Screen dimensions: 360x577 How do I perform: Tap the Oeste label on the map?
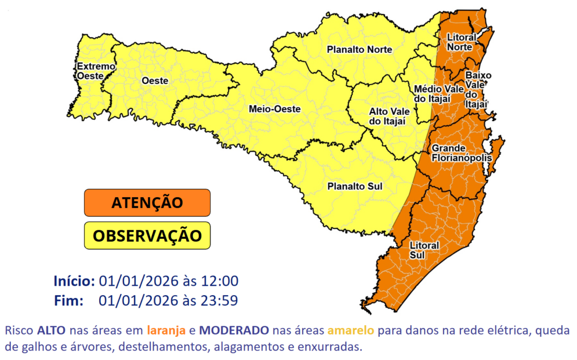(154, 81)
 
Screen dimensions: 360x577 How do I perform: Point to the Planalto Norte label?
(359, 50)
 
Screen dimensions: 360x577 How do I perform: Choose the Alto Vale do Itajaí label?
(389, 116)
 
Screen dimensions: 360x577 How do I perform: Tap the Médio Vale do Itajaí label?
(433, 94)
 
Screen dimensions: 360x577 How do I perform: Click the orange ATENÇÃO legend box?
(147, 202)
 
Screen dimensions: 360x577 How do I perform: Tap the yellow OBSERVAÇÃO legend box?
(147, 235)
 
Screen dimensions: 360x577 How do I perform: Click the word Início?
(73, 281)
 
